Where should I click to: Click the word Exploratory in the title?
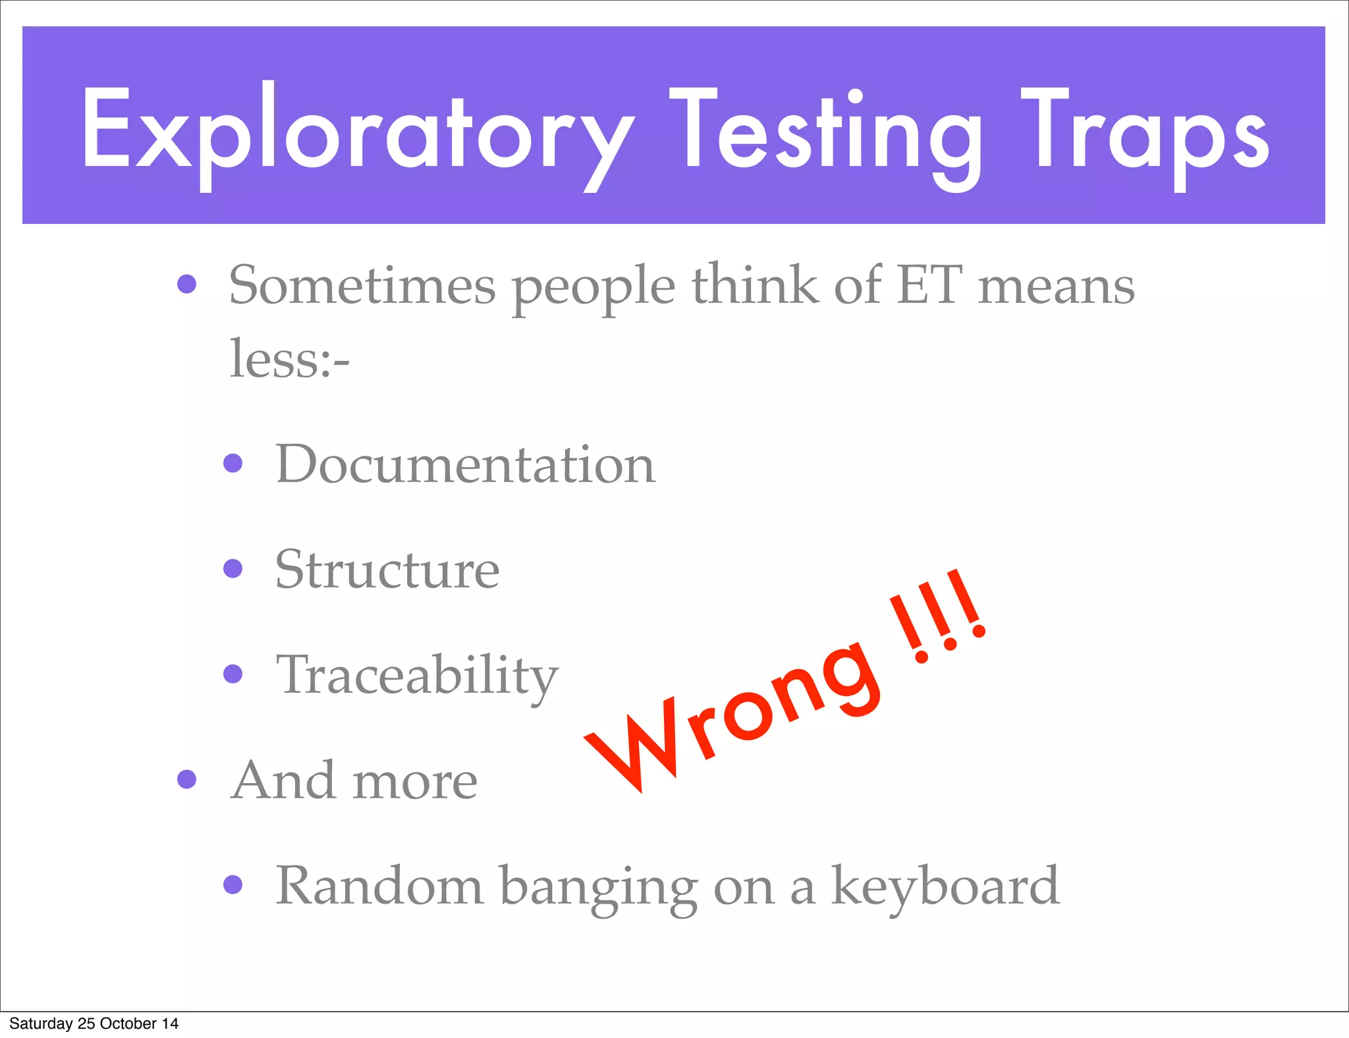pos(356,132)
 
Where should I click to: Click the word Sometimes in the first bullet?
pos(362,286)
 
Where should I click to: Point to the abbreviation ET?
pos(929,286)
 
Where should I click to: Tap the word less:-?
pos(289,359)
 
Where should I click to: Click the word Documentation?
pos(465,464)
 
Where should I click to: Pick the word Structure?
pos(387,569)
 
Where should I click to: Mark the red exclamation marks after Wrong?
pos(939,616)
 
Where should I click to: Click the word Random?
pos(379,886)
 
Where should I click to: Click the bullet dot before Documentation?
pos(233,463)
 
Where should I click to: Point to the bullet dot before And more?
pos(187,779)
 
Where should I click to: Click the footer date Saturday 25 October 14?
pos(94,1024)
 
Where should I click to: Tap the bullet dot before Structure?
pos(233,568)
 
